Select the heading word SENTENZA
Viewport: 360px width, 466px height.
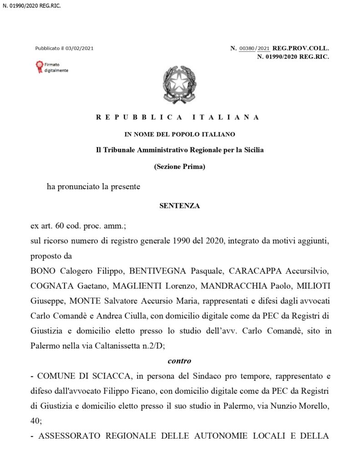tap(180, 206)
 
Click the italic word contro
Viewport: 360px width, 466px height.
tap(179, 361)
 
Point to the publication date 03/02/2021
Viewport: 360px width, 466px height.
tap(80, 48)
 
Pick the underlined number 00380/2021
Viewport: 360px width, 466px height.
tap(254, 48)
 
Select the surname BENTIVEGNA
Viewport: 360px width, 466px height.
tap(158, 272)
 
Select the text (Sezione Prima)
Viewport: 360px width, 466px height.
tap(180, 167)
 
